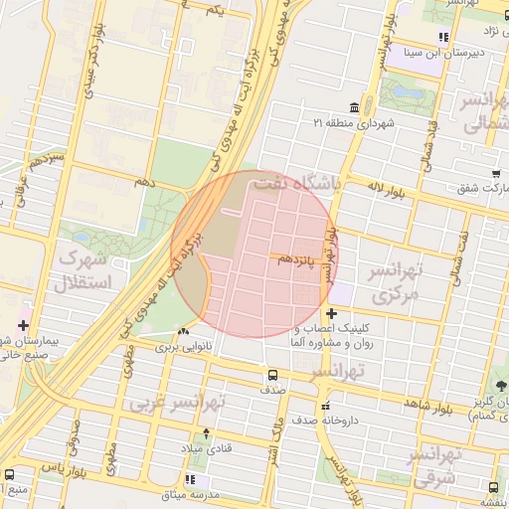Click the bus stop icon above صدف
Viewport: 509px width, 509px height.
(x=271, y=376)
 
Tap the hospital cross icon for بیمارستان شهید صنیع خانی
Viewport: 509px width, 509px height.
(x=23, y=325)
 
